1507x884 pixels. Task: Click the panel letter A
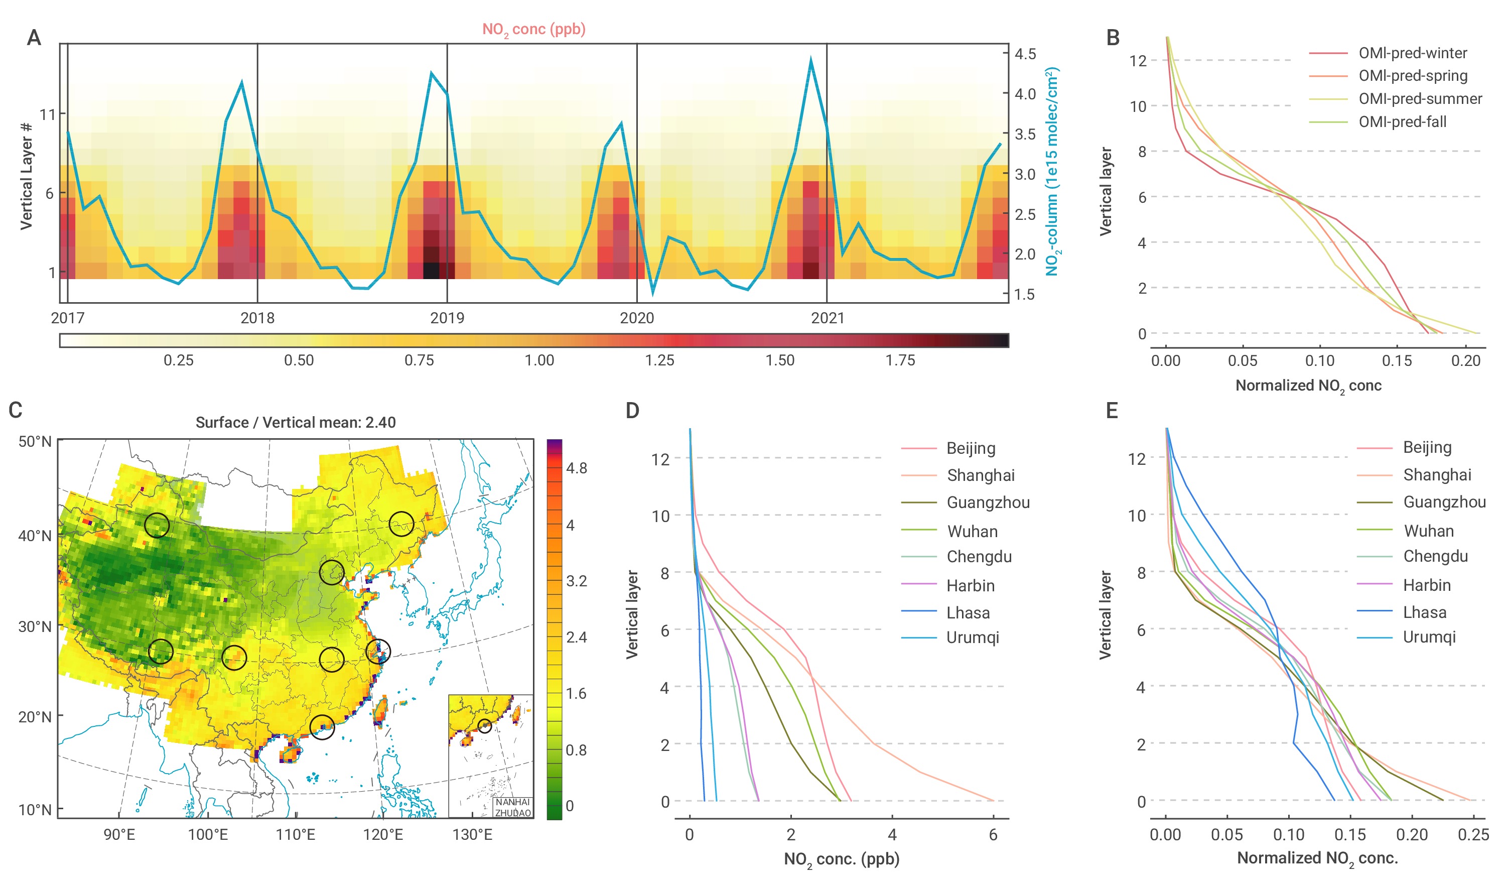click(34, 38)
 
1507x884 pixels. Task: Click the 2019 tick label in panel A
click(447, 318)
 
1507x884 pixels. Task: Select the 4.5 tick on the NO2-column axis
click(1025, 54)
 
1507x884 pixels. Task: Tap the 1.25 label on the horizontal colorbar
click(659, 360)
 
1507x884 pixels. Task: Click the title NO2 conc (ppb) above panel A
click(533, 29)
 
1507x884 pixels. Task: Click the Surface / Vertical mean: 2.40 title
click(296, 422)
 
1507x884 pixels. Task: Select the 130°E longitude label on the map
click(472, 834)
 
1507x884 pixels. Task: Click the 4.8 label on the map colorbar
click(577, 468)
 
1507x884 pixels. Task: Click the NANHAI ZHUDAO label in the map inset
click(512, 807)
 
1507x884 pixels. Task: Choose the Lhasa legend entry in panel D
click(968, 612)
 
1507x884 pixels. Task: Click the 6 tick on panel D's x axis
click(993, 834)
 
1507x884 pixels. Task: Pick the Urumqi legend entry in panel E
click(1429, 637)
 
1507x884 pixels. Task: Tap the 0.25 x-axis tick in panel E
click(1473, 834)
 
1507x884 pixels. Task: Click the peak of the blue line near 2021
click(811, 59)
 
